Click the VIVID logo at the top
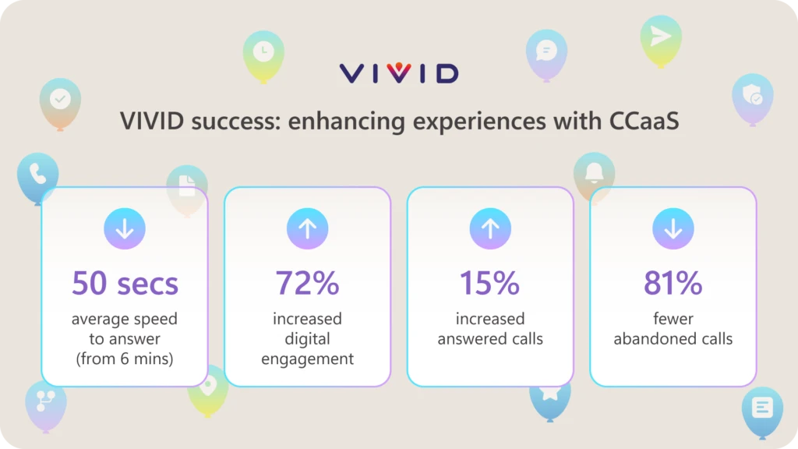pyautogui.click(x=398, y=74)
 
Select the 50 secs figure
pyautogui.click(x=125, y=283)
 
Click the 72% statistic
pyautogui.click(x=307, y=283)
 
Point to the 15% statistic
pyautogui.click(x=489, y=283)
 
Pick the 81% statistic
pyautogui.click(x=673, y=283)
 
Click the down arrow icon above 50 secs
pyautogui.click(x=125, y=229)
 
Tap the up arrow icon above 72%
pyautogui.click(x=307, y=229)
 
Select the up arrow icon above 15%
pyautogui.click(x=489, y=229)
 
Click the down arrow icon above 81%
pyautogui.click(x=673, y=229)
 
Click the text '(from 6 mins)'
pyautogui.click(x=125, y=359)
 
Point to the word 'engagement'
pyautogui.click(x=307, y=359)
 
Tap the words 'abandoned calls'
pyautogui.click(x=673, y=339)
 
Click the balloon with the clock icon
pyautogui.click(x=263, y=52)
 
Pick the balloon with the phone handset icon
pyautogui.click(x=37, y=175)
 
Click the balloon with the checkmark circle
pyautogui.click(x=60, y=100)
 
